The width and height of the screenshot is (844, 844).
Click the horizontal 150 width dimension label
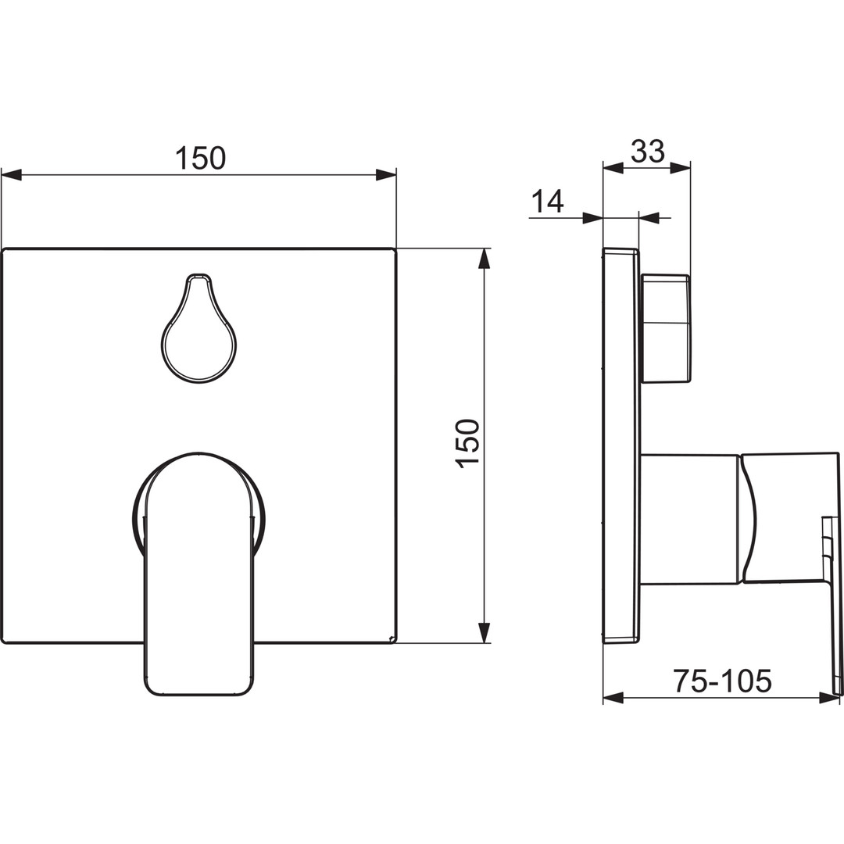click(201, 158)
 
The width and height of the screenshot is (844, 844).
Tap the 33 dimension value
click(648, 152)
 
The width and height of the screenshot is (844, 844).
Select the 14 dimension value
click(547, 201)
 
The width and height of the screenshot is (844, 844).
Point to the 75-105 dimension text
click(723, 681)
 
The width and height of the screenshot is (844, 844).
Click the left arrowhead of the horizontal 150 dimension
click(11, 175)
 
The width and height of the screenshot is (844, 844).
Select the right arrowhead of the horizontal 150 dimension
click(386, 175)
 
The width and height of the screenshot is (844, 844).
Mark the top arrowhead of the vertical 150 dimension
click(485, 259)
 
